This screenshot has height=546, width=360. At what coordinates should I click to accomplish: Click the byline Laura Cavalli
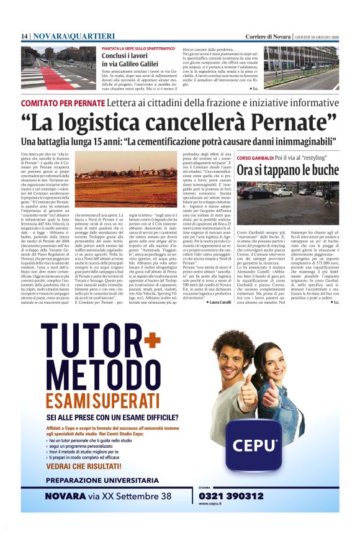(x=214, y=303)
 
